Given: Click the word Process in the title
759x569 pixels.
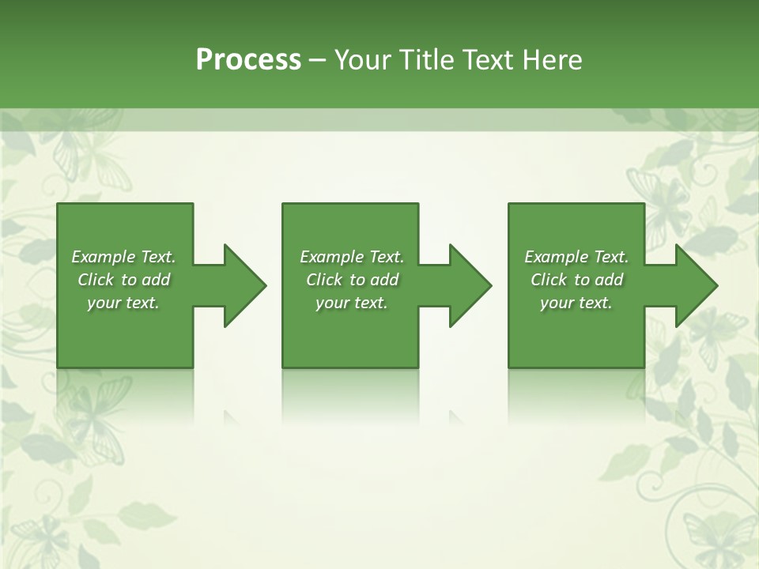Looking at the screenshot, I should [x=248, y=60].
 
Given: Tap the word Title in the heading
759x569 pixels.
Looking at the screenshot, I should [x=428, y=60].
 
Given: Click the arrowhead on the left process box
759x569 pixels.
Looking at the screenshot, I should [x=241, y=285].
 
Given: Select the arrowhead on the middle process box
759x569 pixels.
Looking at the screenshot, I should [x=467, y=285].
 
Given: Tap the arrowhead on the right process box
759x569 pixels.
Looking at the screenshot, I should [x=693, y=285].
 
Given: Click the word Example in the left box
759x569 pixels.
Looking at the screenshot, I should [x=103, y=257].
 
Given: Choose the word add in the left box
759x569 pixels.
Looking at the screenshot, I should [x=156, y=280].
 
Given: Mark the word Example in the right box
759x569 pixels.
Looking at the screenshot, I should [x=556, y=257].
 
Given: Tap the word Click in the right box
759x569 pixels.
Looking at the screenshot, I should [x=549, y=280].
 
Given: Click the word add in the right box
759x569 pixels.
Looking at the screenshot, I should [x=609, y=280].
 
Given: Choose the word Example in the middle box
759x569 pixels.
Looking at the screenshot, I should [x=331, y=257].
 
